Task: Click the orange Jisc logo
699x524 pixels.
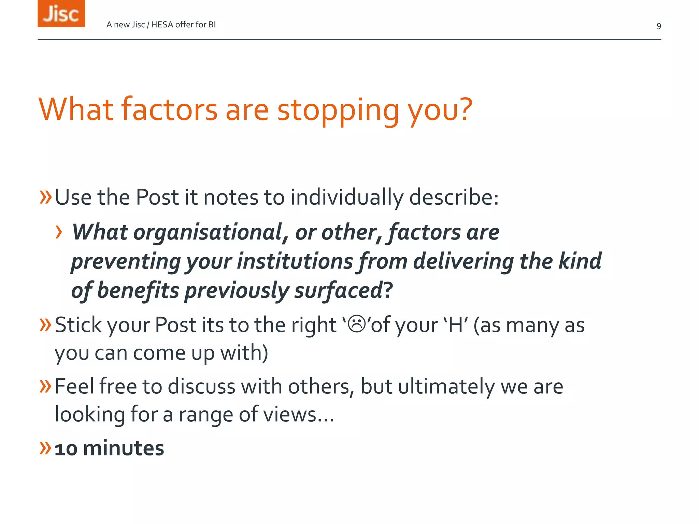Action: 61,14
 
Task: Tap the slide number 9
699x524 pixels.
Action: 658,26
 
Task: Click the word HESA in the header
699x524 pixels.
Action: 162,25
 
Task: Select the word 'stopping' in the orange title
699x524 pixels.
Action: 338,110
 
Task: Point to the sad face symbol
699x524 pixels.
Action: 357,324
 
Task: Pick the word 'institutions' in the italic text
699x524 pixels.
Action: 295,262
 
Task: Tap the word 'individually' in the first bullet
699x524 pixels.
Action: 347,198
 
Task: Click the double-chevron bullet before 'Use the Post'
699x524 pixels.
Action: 45,197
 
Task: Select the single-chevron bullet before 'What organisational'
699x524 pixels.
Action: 59,232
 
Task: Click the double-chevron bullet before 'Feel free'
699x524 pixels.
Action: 45,386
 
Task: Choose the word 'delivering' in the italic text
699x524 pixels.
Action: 463,262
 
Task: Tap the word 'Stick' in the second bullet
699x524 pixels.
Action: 78,325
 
